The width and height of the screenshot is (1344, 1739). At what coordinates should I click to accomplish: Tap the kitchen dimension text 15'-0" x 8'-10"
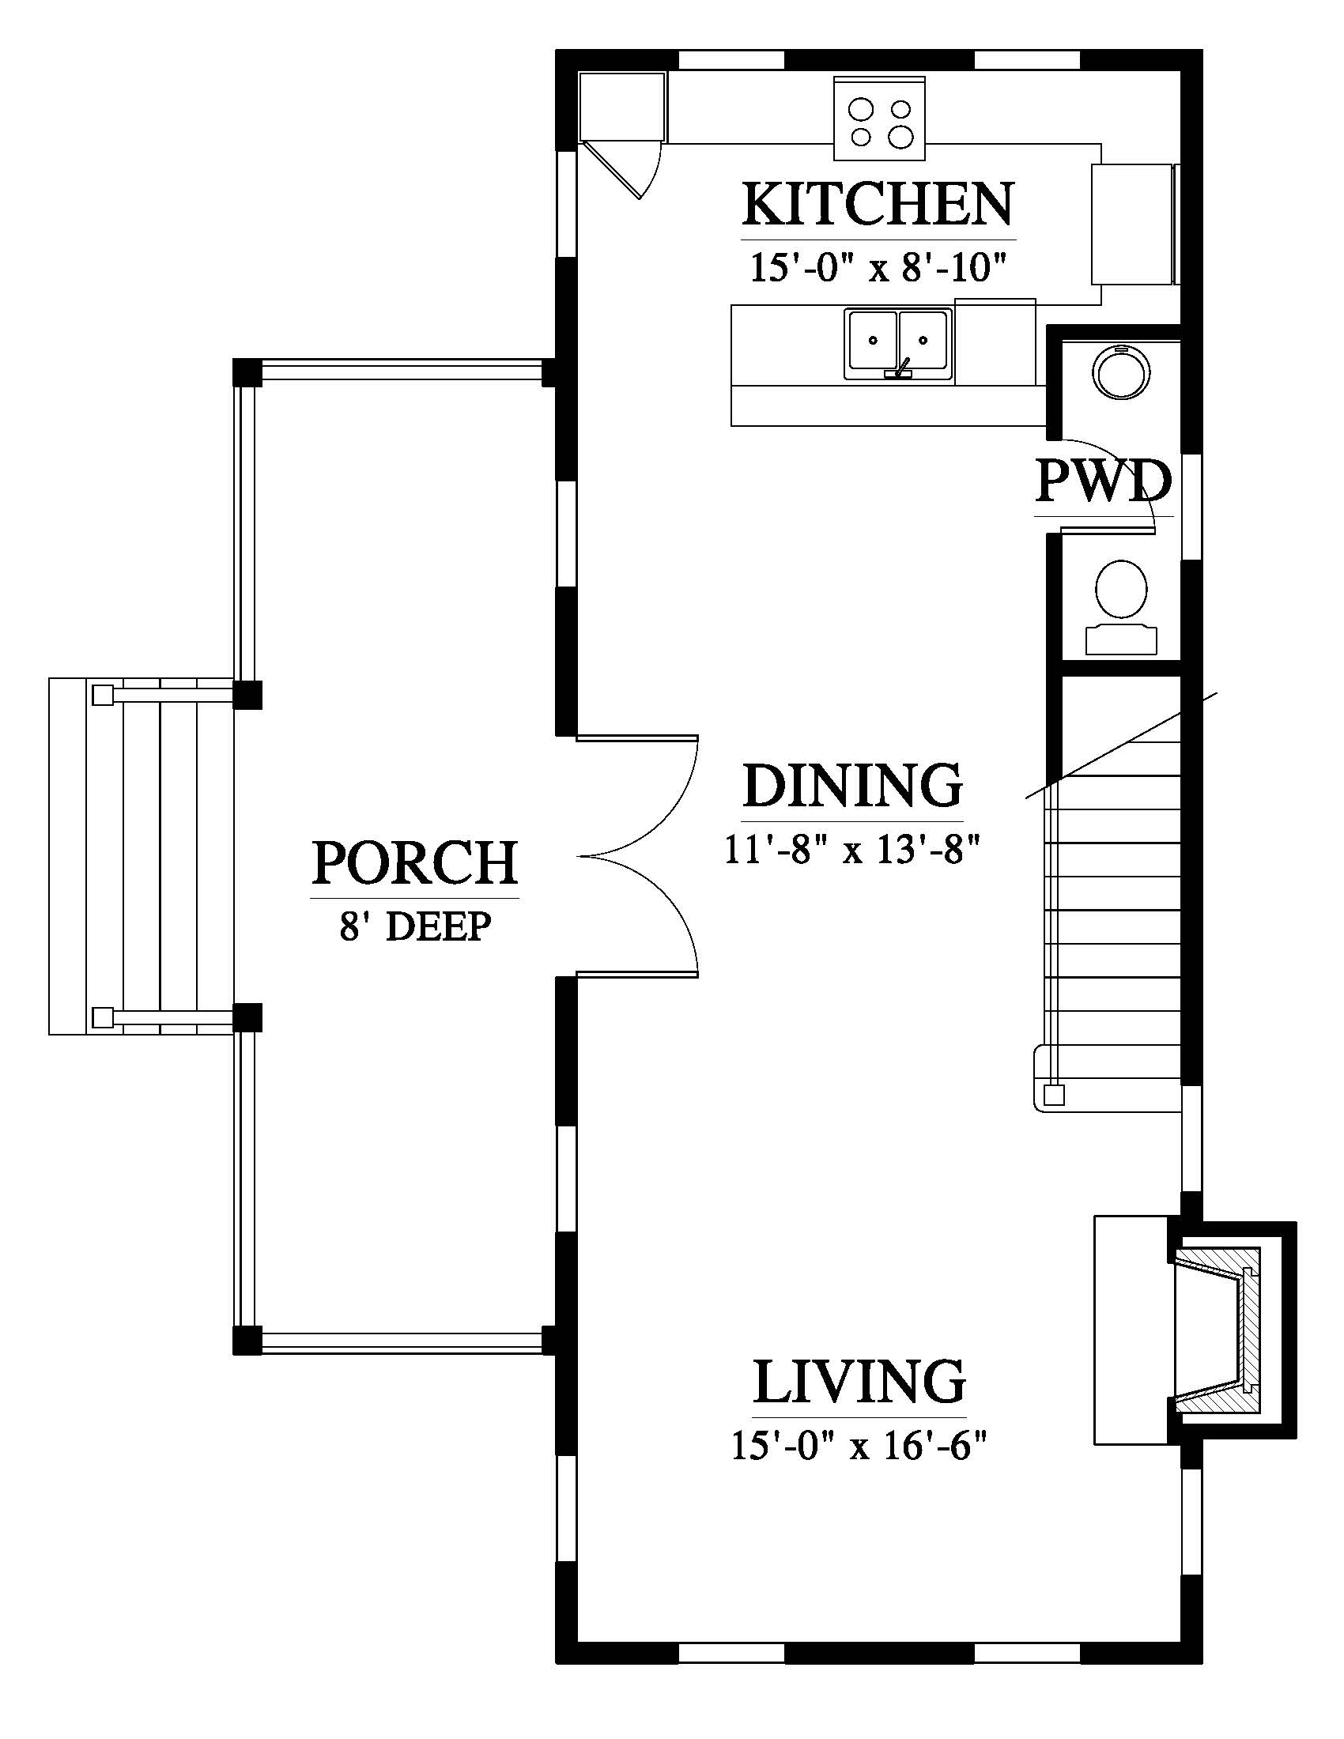click(x=878, y=268)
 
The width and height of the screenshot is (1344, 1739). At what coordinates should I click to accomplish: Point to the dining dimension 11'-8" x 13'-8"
click(x=851, y=850)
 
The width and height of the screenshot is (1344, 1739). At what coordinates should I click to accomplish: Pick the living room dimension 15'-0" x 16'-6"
click(x=859, y=1446)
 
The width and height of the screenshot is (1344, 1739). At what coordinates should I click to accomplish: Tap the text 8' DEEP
click(x=415, y=927)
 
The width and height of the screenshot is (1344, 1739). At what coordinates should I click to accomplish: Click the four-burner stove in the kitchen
click(x=880, y=118)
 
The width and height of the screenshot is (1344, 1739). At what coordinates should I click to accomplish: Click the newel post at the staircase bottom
click(x=1053, y=1096)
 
